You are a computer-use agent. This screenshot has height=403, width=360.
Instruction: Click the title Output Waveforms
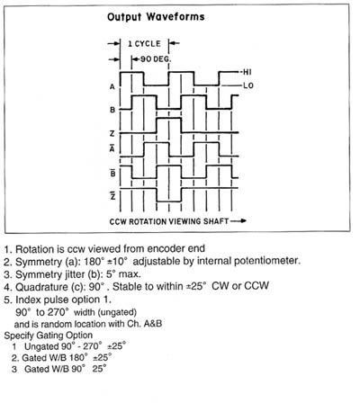(x=156, y=17)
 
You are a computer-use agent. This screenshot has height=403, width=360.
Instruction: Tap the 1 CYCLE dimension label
(x=144, y=44)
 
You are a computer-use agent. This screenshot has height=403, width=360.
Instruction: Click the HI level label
(x=247, y=72)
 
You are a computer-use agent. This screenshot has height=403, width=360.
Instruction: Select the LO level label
(x=248, y=85)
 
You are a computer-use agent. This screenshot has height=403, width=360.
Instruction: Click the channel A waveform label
(x=112, y=86)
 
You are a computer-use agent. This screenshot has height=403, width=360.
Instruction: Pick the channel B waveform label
(x=112, y=110)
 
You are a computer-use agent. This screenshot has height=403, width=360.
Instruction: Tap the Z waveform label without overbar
(x=112, y=133)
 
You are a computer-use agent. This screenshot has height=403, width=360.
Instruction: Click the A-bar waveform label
(x=112, y=148)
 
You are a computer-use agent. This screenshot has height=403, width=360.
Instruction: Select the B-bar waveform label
(x=112, y=173)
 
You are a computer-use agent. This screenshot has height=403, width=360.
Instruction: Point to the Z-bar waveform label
(x=112, y=195)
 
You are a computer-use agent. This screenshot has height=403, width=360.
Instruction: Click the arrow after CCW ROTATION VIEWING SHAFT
(x=238, y=221)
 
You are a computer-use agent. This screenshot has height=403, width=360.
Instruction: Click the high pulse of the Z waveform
(x=169, y=119)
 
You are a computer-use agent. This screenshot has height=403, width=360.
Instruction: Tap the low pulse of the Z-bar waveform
(x=169, y=201)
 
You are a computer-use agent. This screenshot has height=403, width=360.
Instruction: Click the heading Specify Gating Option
(x=49, y=336)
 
